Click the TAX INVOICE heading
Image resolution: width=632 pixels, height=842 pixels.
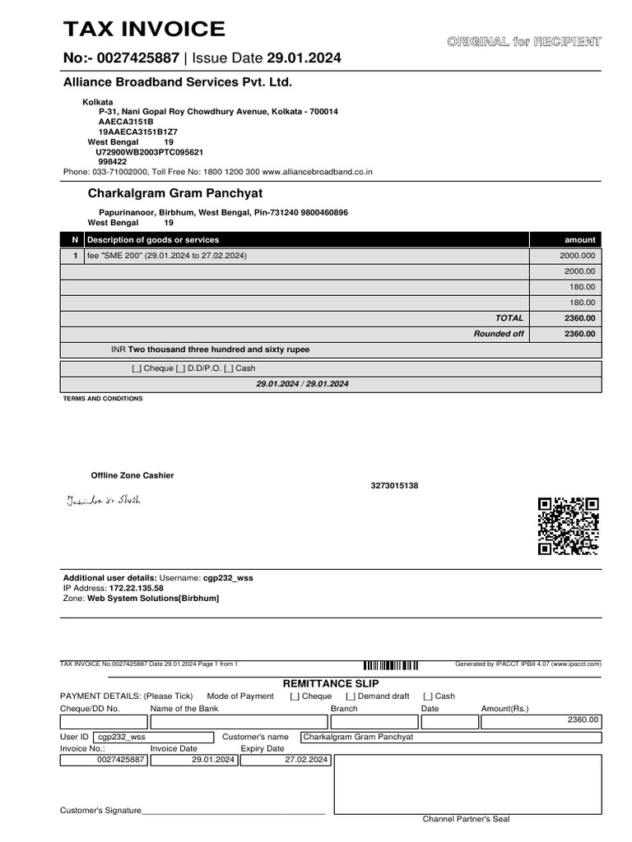pos(144,30)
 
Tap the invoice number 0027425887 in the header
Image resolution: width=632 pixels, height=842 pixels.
pos(137,58)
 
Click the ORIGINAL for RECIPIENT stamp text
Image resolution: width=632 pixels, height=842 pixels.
pos(523,41)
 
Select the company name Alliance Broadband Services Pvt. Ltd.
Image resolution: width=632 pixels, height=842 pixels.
pos(178,83)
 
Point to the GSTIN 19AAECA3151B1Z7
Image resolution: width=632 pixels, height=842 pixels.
pos(138,132)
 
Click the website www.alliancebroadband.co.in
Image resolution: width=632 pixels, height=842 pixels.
pos(318,172)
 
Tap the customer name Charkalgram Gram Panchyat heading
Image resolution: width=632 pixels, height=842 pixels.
pos(175,193)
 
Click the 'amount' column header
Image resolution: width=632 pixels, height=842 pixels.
pos(579,239)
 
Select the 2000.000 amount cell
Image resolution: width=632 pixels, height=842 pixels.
pos(577,256)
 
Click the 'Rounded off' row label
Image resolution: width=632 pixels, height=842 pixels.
pos(499,334)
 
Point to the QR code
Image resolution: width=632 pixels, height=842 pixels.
pos(568,526)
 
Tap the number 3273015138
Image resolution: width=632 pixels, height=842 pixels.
pos(394,486)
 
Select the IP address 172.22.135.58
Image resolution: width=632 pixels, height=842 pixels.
pos(136,588)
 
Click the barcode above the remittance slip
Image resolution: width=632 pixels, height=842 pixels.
pos(390,664)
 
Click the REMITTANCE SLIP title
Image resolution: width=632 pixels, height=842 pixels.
pos(331,683)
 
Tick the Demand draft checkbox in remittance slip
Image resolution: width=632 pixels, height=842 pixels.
pos(351,696)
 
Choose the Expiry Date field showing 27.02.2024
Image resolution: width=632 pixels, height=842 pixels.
pos(285,760)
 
